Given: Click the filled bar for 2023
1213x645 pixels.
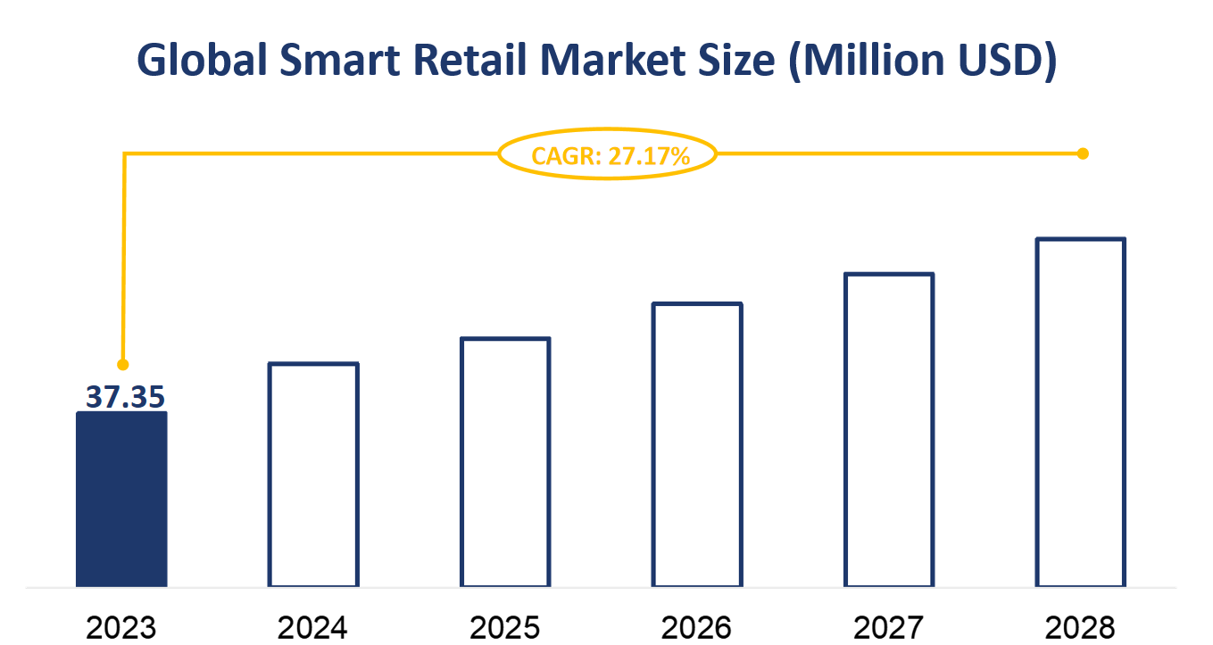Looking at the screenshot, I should point(121,499).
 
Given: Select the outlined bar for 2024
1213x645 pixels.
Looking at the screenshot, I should point(313,475).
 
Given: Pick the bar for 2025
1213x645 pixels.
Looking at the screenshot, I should point(505,462).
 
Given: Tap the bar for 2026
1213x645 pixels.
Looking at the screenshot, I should point(697,445).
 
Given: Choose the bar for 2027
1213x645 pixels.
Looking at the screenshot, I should point(889,430).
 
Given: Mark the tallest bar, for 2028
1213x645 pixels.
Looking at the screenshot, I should point(1081,412).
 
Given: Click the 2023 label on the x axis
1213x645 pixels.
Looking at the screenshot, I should point(121,627).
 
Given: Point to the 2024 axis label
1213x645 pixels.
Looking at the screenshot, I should point(313,627).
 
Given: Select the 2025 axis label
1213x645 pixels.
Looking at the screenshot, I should point(505,627).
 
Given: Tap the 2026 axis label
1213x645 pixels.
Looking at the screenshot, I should point(697,627).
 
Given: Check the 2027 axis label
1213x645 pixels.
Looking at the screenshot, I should point(889,627).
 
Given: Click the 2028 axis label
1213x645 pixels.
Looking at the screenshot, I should point(1081,627).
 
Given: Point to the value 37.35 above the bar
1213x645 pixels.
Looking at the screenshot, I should point(125,397).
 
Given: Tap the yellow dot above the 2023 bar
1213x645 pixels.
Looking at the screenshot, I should point(123,365).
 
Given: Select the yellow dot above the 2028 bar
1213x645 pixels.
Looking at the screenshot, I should point(1083,153).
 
